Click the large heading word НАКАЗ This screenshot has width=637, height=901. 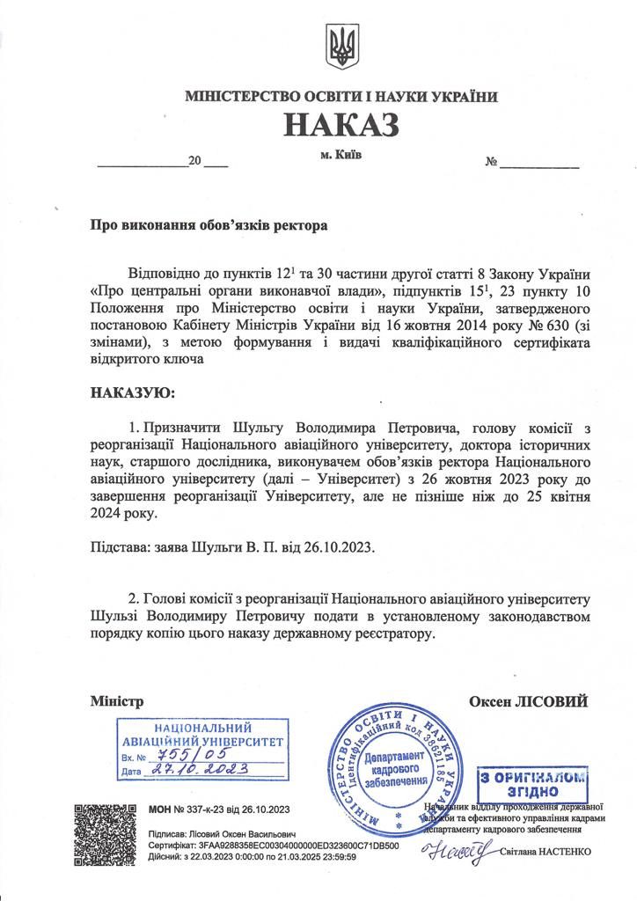(x=340, y=126)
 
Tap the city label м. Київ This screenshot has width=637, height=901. (x=340, y=156)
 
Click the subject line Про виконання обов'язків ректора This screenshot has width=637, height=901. (x=209, y=225)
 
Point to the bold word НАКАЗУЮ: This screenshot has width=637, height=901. (x=133, y=391)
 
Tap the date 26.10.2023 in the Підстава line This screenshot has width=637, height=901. (x=340, y=546)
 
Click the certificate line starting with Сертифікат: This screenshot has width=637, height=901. (x=274, y=845)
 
